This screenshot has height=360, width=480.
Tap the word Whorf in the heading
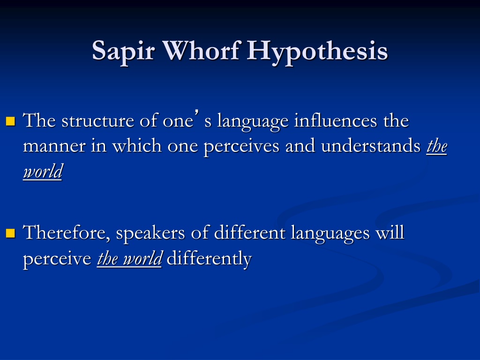point(201,50)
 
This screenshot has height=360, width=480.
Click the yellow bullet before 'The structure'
point(10,121)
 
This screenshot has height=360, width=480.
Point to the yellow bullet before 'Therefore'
point(10,233)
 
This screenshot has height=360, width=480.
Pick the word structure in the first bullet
point(97,120)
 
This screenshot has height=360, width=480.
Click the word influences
point(336,120)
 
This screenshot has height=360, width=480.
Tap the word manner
point(54,146)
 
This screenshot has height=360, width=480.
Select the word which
point(137,145)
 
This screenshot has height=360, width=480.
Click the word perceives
point(241,147)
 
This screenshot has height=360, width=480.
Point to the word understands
point(371,145)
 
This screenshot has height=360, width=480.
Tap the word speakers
point(150,233)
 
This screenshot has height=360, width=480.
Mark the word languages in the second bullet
point(330,233)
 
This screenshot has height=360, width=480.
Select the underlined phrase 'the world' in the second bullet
point(129,259)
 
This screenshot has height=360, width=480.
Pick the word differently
point(209,259)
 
